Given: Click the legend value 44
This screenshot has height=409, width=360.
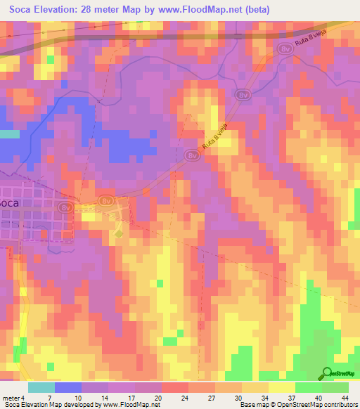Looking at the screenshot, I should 345,398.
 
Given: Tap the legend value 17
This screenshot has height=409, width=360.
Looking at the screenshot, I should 131,398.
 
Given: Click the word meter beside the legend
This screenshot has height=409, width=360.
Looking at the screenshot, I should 11,398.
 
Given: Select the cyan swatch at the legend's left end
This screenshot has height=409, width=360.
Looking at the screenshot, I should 41,387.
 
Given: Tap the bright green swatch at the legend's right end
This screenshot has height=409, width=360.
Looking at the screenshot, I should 335,387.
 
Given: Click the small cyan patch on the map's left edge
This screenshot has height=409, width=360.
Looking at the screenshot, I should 9,134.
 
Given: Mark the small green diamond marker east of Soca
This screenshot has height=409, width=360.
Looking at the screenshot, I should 119,233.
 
